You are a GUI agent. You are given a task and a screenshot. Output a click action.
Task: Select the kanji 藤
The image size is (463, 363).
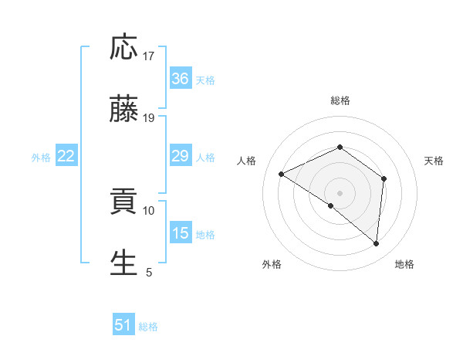tap(124, 110)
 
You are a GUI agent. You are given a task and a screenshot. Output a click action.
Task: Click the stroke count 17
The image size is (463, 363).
tap(149, 56)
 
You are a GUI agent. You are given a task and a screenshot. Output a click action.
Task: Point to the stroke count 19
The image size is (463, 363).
tap(149, 118)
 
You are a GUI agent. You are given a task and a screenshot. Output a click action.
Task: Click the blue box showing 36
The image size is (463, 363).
tap(181, 79)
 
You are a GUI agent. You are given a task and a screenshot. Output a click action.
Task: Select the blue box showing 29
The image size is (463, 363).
tap(181, 157)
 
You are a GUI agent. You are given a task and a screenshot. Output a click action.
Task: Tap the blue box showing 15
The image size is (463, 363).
tap(181, 233)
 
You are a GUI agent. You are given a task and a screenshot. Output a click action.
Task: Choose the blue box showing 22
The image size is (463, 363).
tap(66, 157)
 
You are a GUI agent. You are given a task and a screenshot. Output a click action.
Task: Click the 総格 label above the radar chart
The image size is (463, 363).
tap(340, 100)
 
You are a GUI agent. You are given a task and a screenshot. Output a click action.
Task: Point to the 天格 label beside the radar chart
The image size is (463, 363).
tap(434, 161)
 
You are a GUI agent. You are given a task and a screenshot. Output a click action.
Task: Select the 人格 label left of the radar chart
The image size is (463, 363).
tap(247, 161)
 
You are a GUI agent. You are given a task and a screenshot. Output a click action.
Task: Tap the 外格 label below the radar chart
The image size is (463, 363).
tap(272, 264)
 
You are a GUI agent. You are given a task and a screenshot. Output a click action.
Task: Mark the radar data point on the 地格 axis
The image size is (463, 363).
tap(377, 244)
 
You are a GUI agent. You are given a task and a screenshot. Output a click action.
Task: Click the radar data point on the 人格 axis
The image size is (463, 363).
tap(282, 174)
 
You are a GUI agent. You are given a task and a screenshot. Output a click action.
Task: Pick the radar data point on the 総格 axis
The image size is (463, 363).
tap(340, 147)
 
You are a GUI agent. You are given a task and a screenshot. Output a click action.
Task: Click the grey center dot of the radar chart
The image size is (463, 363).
tap(340, 192)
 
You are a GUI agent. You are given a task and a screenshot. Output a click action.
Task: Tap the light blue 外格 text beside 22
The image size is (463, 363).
tap(41, 158)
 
